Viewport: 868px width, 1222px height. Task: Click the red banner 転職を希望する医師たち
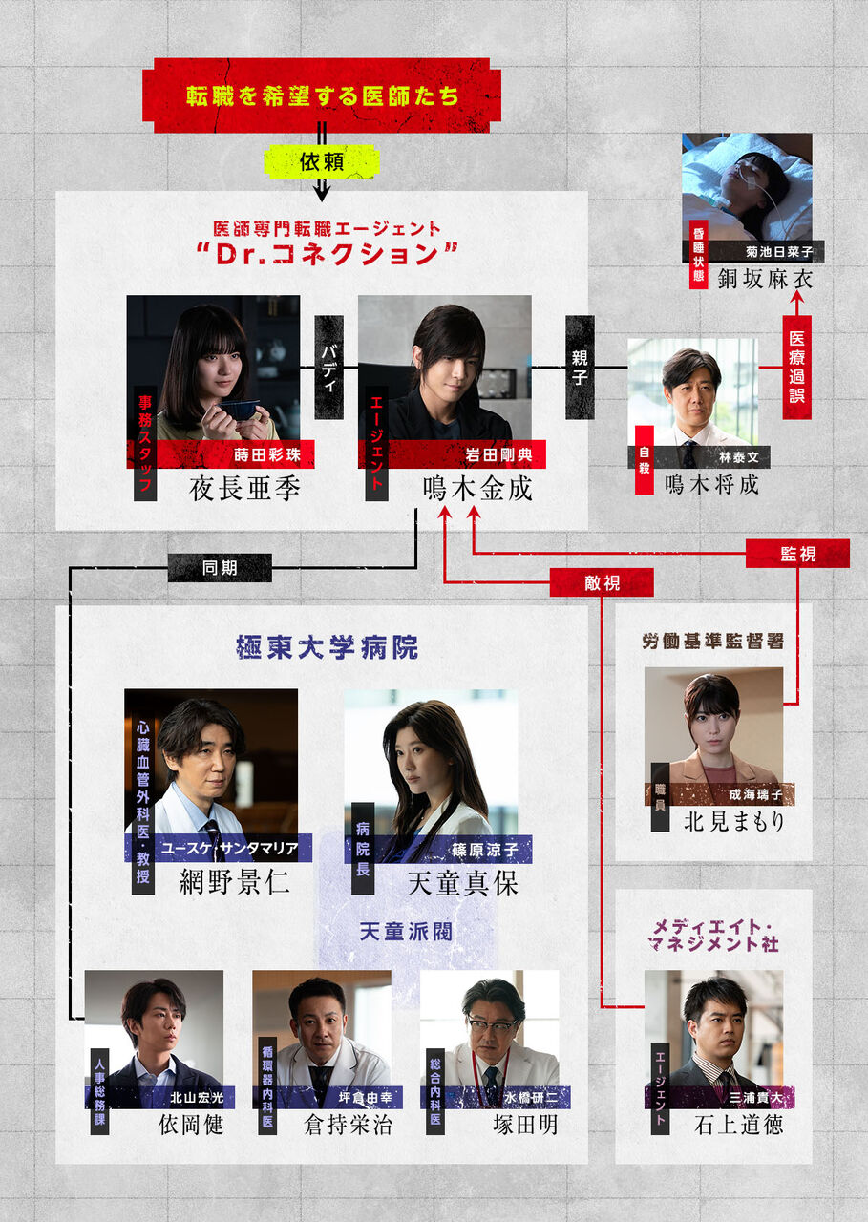click(322, 96)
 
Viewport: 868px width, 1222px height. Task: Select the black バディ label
click(328, 368)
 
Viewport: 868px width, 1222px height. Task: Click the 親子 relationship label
click(580, 368)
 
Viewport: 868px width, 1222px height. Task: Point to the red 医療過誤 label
click(796, 367)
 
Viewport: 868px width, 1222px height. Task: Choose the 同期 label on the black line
click(220, 568)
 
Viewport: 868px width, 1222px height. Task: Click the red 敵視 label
click(602, 582)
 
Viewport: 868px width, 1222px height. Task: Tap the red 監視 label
click(797, 554)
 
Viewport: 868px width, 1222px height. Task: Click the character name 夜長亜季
click(245, 489)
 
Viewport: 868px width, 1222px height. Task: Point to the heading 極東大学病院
click(327, 648)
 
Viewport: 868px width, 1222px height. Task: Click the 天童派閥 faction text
click(406, 930)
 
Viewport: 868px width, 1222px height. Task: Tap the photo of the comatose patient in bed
click(747, 186)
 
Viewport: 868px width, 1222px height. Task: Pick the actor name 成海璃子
click(761, 794)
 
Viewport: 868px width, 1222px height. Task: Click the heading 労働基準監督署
click(713, 641)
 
